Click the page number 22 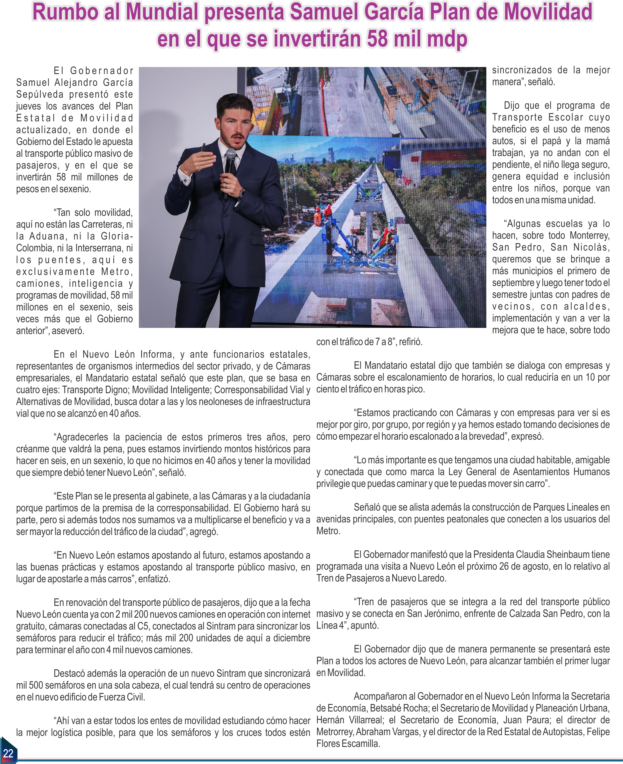pos(8,753)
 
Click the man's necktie pos(230,169)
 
